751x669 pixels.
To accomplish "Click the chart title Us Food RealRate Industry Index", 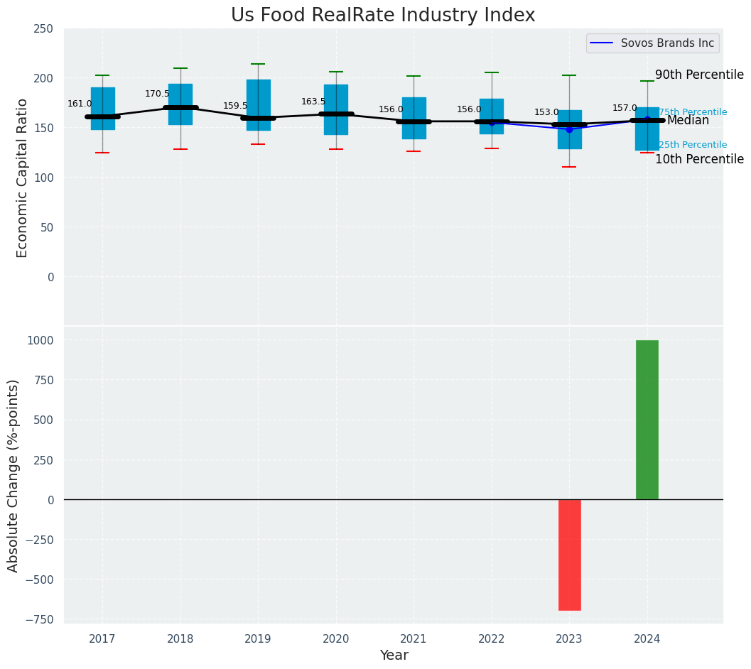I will (382, 16).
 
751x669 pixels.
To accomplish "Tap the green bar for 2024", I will (647, 420).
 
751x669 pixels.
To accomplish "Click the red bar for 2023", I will (569, 555).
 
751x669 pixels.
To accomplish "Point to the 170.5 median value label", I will (157, 94).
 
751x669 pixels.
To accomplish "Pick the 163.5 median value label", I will (313, 102).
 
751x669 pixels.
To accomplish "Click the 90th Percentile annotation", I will (699, 75).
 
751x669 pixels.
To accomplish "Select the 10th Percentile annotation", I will (699, 159).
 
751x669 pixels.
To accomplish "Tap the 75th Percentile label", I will (693, 112).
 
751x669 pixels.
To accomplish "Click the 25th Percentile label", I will (693, 145).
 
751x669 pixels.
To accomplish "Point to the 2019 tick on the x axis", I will (258, 639).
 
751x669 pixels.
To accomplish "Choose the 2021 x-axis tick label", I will (414, 639).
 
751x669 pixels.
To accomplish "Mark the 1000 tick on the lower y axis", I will (40, 340).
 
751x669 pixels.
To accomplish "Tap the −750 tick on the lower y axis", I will (40, 619).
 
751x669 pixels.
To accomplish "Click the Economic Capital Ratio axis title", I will (22, 178).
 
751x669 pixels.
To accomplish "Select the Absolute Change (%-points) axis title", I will (13, 475).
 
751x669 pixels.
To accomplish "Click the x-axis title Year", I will (394, 656).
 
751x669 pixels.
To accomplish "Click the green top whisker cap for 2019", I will (258, 64).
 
